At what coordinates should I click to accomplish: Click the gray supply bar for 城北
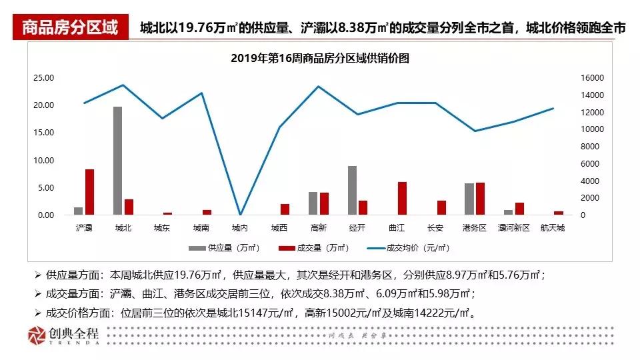[x=117, y=161]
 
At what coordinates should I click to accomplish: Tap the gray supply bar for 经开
[x=352, y=190]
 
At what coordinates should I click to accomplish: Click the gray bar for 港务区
[x=469, y=199]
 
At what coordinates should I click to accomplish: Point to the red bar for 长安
[x=441, y=207]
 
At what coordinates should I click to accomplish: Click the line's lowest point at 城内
[x=240, y=214]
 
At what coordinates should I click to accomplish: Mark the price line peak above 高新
[x=318, y=87]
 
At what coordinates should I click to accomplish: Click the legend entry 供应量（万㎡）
[x=224, y=247]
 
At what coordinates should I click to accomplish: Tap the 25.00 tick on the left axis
[x=44, y=77]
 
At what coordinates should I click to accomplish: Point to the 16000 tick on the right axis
[x=575, y=77]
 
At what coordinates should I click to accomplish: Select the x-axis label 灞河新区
[x=513, y=228]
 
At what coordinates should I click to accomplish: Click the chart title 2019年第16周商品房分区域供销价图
[x=319, y=58]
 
